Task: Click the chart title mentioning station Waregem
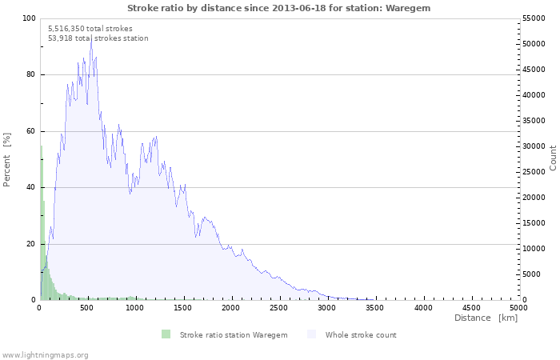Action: tap(278, 8)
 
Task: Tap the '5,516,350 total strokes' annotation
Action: tap(90, 29)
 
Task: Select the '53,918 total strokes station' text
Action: tap(98, 38)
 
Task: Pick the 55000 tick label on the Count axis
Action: tap(534, 18)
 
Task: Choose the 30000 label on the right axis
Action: tap(534, 146)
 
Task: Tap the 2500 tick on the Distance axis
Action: tap(278, 308)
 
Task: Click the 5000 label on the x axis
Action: tap(518, 308)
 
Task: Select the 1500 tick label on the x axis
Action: tap(183, 308)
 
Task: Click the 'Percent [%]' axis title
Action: tap(6, 160)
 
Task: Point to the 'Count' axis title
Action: tap(553, 158)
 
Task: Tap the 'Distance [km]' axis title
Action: tap(486, 318)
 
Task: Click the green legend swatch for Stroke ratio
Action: tap(166, 334)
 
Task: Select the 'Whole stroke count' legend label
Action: tap(361, 335)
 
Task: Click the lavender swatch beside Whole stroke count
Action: tap(312, 334)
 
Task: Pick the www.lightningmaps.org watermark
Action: tap(44, 355)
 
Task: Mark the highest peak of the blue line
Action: tap(91, 38)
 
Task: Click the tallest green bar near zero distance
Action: tap(41, 222)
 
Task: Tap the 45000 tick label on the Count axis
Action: tap(534, 70)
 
